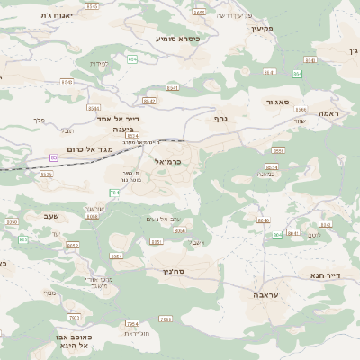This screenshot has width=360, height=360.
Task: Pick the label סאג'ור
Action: [278, 103]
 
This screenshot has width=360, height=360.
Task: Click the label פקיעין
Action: [262, 29]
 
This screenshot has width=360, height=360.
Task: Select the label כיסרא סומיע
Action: [176, 40]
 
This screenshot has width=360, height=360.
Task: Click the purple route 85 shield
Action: [54, 158]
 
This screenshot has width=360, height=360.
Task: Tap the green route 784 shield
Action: [114, 193]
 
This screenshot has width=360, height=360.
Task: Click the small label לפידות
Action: [100, 63]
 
